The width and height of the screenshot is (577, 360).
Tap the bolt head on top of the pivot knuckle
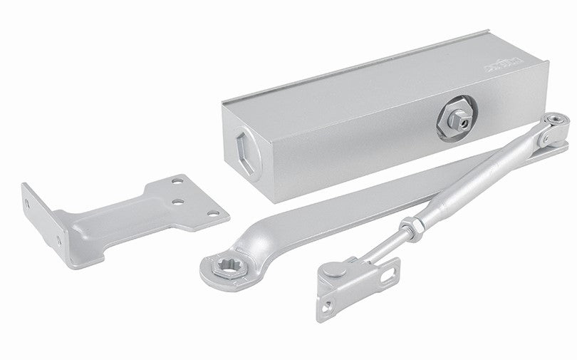pyautogui.click(x=555, y=118)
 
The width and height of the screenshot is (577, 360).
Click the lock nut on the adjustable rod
pyautogui.click(x=410, y=230)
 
